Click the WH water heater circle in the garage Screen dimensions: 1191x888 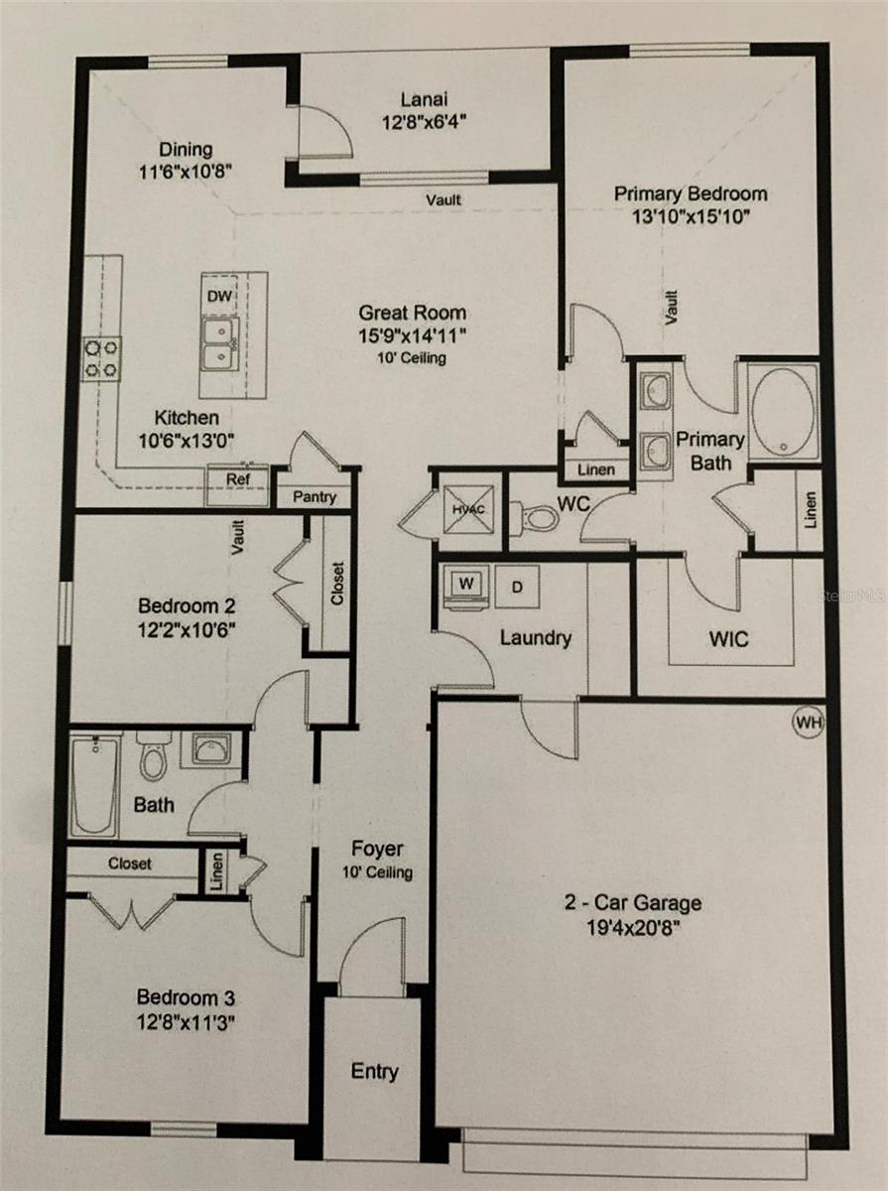(x=809, y=723)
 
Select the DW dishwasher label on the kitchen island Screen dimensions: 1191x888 (x=217, y=296)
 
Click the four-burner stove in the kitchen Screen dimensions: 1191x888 (x=101, y=357)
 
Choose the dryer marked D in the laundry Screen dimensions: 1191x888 (x=518, y=587)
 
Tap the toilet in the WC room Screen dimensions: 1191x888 (x=536, y=516)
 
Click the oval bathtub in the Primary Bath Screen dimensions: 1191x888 (x=783, y=411)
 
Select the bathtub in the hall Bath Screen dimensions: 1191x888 (x=94, y=784)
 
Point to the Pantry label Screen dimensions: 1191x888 (x=315, y=497)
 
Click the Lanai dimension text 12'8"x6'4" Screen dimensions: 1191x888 (x=420, y=123)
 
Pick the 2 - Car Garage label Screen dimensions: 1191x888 (x=633, y=903)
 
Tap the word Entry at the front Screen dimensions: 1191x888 (x=375, y=1071)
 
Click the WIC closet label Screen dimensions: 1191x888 (x=729, y=639)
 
